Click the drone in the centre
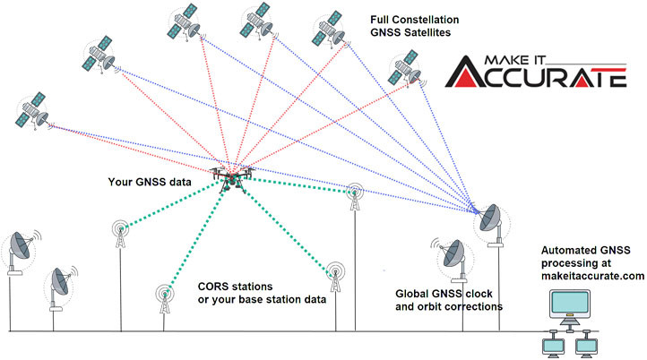231,176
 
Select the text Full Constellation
416,18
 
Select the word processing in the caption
571,263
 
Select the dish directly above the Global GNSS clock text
449,254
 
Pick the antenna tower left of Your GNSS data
122,235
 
